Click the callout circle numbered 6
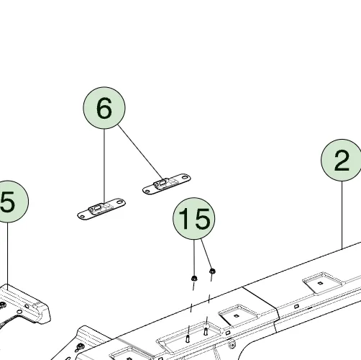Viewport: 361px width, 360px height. [x=104, y=108]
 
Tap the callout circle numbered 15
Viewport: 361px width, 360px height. [x=194, y=219]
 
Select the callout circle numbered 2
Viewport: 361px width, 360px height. [x=342, y=160]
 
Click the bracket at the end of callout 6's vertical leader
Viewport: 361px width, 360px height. [x=101, y=209]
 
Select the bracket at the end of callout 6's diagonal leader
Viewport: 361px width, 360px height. [x=167, y=184]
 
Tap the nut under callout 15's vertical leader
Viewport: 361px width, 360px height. [x=194, y=279]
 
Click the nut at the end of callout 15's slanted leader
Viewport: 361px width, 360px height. [x=212, y=271]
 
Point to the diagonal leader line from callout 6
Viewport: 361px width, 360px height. [x=140, y=152]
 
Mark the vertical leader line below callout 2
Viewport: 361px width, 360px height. [x=342, y=215]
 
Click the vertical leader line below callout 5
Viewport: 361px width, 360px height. [x=7, y=254]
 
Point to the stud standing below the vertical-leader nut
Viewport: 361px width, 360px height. [x=188, y=338]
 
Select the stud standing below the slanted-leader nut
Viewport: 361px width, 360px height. [x=206, y=331]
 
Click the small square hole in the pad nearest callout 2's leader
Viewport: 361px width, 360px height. [x=320, y=283]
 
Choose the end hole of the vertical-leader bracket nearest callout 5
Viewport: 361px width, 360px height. [x=82, y=217]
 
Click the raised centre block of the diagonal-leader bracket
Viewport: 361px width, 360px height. [x=161, y=183]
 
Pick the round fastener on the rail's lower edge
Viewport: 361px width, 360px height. [x=232, y=345]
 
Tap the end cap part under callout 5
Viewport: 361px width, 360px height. [x=23, y=304]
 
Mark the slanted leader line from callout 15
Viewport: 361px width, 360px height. [x=206, y=254]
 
